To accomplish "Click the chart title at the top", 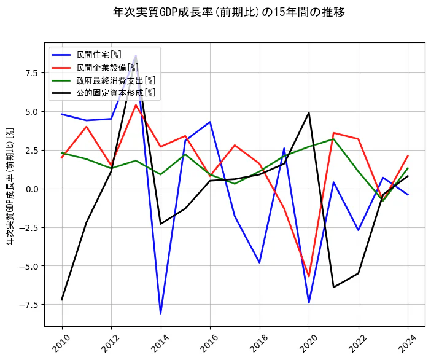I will (x=229, y=12).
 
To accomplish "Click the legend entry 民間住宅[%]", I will (x=99, y=55).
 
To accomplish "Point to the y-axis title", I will (x=10, y=186).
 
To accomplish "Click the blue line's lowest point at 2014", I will (x=161, y=314).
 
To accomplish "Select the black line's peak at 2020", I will (x=309, y=113).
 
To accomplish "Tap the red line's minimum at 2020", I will (x=309, y=276).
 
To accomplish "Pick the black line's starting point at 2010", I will (x=62, y=300).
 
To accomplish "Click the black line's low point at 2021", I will (x=333, y=287).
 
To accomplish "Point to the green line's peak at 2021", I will (x=333, y=139).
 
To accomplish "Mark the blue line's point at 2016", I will (x=210, y=122).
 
